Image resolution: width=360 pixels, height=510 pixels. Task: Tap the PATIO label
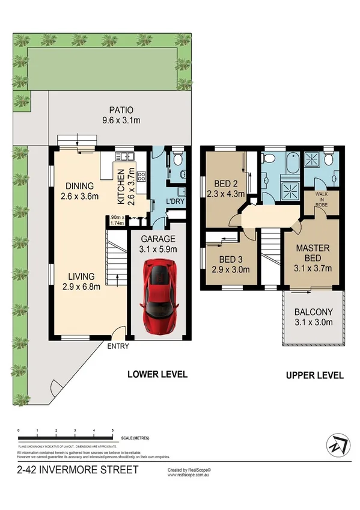(121, 110)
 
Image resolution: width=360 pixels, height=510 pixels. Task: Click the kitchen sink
(126, 158)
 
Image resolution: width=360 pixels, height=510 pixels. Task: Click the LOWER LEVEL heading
(157, 374)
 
